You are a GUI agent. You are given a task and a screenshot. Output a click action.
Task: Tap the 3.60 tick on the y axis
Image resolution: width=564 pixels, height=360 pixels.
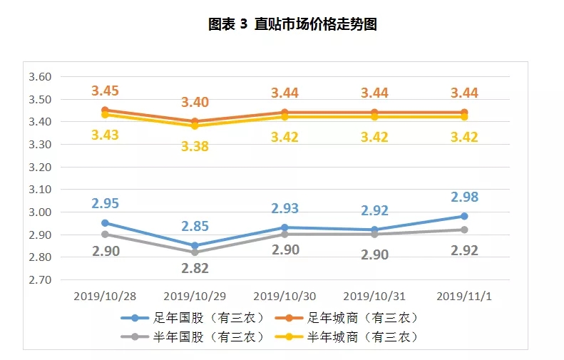pyautogui.click(x=40, y=77)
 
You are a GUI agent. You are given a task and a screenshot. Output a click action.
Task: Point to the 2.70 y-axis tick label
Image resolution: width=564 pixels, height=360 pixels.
pyautogui.click(x=40, y=280)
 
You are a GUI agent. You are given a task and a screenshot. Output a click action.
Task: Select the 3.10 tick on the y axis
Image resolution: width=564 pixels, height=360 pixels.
pyautogui.click(x=40, y=190)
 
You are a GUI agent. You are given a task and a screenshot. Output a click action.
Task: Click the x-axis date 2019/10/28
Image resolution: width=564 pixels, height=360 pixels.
pyautogui.click(x=105, y=295)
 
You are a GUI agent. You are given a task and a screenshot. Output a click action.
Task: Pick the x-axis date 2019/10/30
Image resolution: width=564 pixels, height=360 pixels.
pyautogui.click(x=284, y=295)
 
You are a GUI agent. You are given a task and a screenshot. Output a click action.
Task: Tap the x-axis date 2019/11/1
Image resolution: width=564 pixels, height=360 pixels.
pyautogui.click(x=463, y=295)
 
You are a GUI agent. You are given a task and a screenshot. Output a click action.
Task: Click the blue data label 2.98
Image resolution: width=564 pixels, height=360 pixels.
pyautogui.click(x=463, y=197)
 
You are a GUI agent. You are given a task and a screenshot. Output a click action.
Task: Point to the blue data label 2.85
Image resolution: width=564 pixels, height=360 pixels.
pyautogui.click(x=195, y=227)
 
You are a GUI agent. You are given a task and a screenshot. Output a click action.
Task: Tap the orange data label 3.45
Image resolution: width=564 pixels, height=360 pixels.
pyautogui.click(x=105, y=91)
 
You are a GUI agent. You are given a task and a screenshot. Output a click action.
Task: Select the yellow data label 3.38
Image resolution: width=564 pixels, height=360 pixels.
pyautogui.click(x=195, y=147)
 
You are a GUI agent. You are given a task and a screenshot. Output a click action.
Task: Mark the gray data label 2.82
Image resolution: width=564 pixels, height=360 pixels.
pyautogui.click(x=195, y=267)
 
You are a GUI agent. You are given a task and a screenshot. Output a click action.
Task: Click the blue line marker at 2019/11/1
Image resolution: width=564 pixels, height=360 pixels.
pyautogui.click(x=463, y=216)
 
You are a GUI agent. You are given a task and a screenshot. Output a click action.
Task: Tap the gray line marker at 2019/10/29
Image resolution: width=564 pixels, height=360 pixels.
pyautogui.click(x=195, y=252)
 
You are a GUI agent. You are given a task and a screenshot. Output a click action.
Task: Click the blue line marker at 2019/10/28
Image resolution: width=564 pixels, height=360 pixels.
pyautogui.click(x=105, y=223)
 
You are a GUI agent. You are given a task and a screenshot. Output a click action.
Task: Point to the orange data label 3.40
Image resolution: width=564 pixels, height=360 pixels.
pyautogui.click(x=195, y=103)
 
